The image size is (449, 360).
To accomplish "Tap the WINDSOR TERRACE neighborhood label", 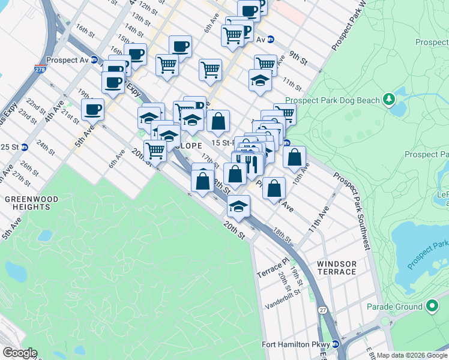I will click(x=337, y=268).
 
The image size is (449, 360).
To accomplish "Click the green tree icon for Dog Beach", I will click(x=390, y=97).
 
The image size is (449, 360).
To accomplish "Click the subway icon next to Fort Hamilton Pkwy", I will click(x=336, y=344).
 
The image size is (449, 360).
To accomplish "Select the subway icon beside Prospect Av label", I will click(x=94, y=60).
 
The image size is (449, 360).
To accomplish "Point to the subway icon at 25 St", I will click(x=24, y=147).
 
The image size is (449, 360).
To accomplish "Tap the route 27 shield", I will click(x=322, y=310).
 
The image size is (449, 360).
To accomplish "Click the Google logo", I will click(x=20, y=353).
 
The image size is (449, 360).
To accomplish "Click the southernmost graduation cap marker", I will click(x=238, y=206).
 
